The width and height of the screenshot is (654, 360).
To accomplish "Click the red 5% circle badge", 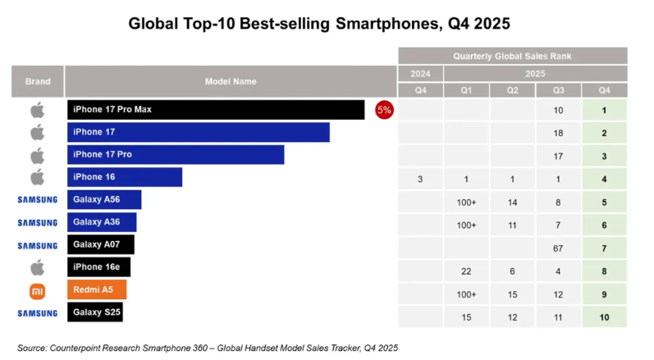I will (x=384, y=110).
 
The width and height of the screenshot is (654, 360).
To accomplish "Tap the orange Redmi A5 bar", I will (x=97, y=290).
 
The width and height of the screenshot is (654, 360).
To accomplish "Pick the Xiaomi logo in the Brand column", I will (x=37, y=290).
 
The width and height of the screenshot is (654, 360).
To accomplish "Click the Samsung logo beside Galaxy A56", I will (x=37, y=199).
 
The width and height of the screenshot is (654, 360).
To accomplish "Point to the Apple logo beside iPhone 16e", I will (x=37, y=267).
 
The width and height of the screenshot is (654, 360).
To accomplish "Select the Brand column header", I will (x=38, y=81).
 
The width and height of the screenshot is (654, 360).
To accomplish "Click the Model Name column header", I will (x=230, y=81).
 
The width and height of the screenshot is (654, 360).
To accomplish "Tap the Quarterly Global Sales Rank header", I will (x=512, y=56).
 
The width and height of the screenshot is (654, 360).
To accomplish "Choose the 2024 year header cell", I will (x=419, y=73).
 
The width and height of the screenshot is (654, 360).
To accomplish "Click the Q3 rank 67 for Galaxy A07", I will (x=558, y=245).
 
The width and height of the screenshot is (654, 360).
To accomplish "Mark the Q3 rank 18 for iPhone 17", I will (x=558, y=133).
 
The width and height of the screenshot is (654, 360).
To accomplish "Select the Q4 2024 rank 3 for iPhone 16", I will (x=419, y=178).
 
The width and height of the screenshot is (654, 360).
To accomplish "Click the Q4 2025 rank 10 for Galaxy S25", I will (x=604, y=312).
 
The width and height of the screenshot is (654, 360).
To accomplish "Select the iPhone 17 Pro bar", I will (x=176, y=155).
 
